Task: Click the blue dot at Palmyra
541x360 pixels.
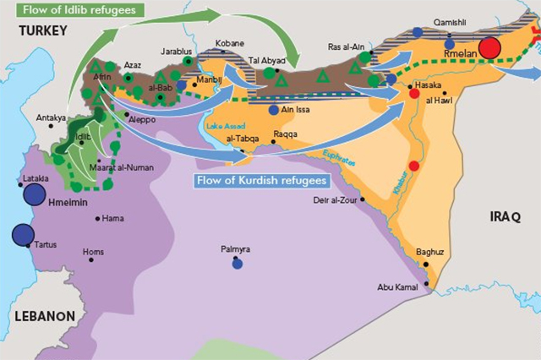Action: tap(237, 263)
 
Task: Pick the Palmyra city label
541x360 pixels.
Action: tap(236, 249)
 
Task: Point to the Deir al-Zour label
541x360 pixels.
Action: tap(338, 199)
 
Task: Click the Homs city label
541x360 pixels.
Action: tap(94, 251)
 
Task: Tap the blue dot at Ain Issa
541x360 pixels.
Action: tap(273, 110)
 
